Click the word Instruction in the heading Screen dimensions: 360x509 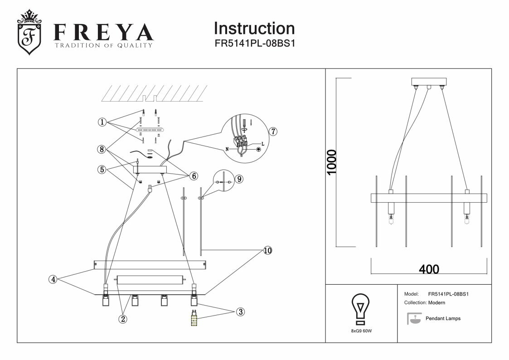click(x=254, y=29)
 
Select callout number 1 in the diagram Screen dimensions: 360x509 click(x=103, y=122)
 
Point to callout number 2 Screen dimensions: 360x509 click(x=122, y=319)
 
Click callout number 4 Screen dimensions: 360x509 click(x=53, y=279)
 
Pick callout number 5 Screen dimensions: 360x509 click(x=103, y=170)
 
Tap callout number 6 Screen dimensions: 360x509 click(x=194, y=176)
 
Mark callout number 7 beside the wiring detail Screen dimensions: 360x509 click(x=272, y=131)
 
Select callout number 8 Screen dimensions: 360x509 click(x=103, y=149)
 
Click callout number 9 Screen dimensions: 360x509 click(x=239, y=179)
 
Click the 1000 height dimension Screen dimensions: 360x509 click(x=333, y=163)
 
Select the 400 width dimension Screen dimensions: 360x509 click(x=429, y=269)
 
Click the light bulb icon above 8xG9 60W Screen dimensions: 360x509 click(x=361, y=308)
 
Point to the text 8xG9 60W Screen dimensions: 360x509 click(x=361, y=331)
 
